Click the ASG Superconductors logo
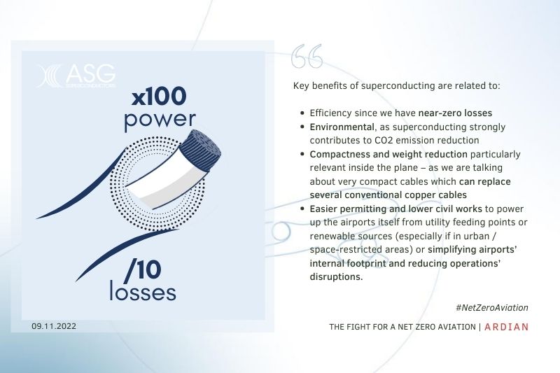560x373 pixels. (76, 76)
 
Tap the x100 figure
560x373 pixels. (159, 97)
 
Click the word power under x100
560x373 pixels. (160, 120)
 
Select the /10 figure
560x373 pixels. (143, 269)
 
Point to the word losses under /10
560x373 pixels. (143, 291)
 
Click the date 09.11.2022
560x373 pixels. (54, 326)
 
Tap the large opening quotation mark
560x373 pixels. (307, 56)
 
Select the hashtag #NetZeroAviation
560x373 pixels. (492, 308)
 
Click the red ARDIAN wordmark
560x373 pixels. (506, 327)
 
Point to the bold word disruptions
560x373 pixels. (336, 276)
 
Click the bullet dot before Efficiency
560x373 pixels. (302, 113)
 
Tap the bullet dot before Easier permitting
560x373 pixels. (302, 209)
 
